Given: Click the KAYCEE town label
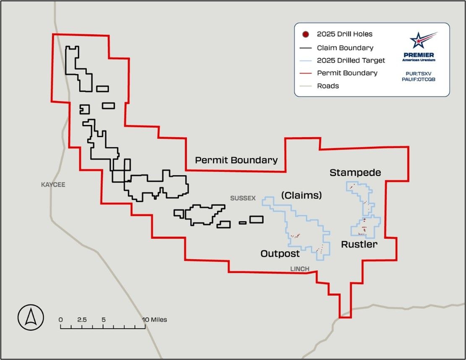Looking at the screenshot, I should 53,185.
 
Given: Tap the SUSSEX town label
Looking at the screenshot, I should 243,198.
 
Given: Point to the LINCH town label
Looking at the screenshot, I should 300,269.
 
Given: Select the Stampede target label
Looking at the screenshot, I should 355,172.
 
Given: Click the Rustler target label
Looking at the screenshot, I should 359,244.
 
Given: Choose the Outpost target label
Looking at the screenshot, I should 280,254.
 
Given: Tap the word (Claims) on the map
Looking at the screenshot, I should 301,195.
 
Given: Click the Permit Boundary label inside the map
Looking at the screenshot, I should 236,160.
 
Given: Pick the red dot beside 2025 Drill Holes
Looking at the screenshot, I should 306,34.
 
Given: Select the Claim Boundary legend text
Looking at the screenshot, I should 345,48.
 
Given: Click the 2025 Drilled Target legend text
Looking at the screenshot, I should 351,60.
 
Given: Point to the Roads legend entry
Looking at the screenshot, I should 328,86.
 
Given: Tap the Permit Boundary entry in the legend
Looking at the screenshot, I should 347,73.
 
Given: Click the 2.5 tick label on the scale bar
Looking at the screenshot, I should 82,320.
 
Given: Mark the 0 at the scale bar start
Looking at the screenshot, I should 61,320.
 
